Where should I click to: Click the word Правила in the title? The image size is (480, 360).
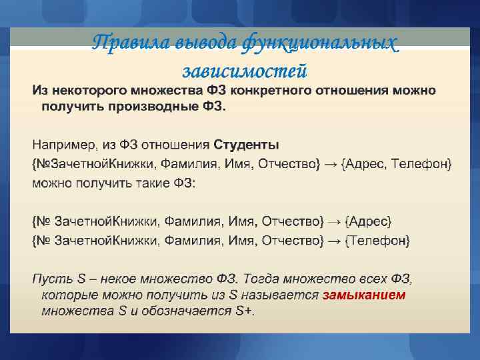(122, 42)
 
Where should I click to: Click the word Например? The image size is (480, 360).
(62, 145)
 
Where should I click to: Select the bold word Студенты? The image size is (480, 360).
(246, 145)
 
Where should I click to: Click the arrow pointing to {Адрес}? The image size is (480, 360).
(336, 221)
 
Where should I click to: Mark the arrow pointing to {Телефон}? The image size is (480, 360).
(336, 239)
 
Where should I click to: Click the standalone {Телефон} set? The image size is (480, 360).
(377, 239)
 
